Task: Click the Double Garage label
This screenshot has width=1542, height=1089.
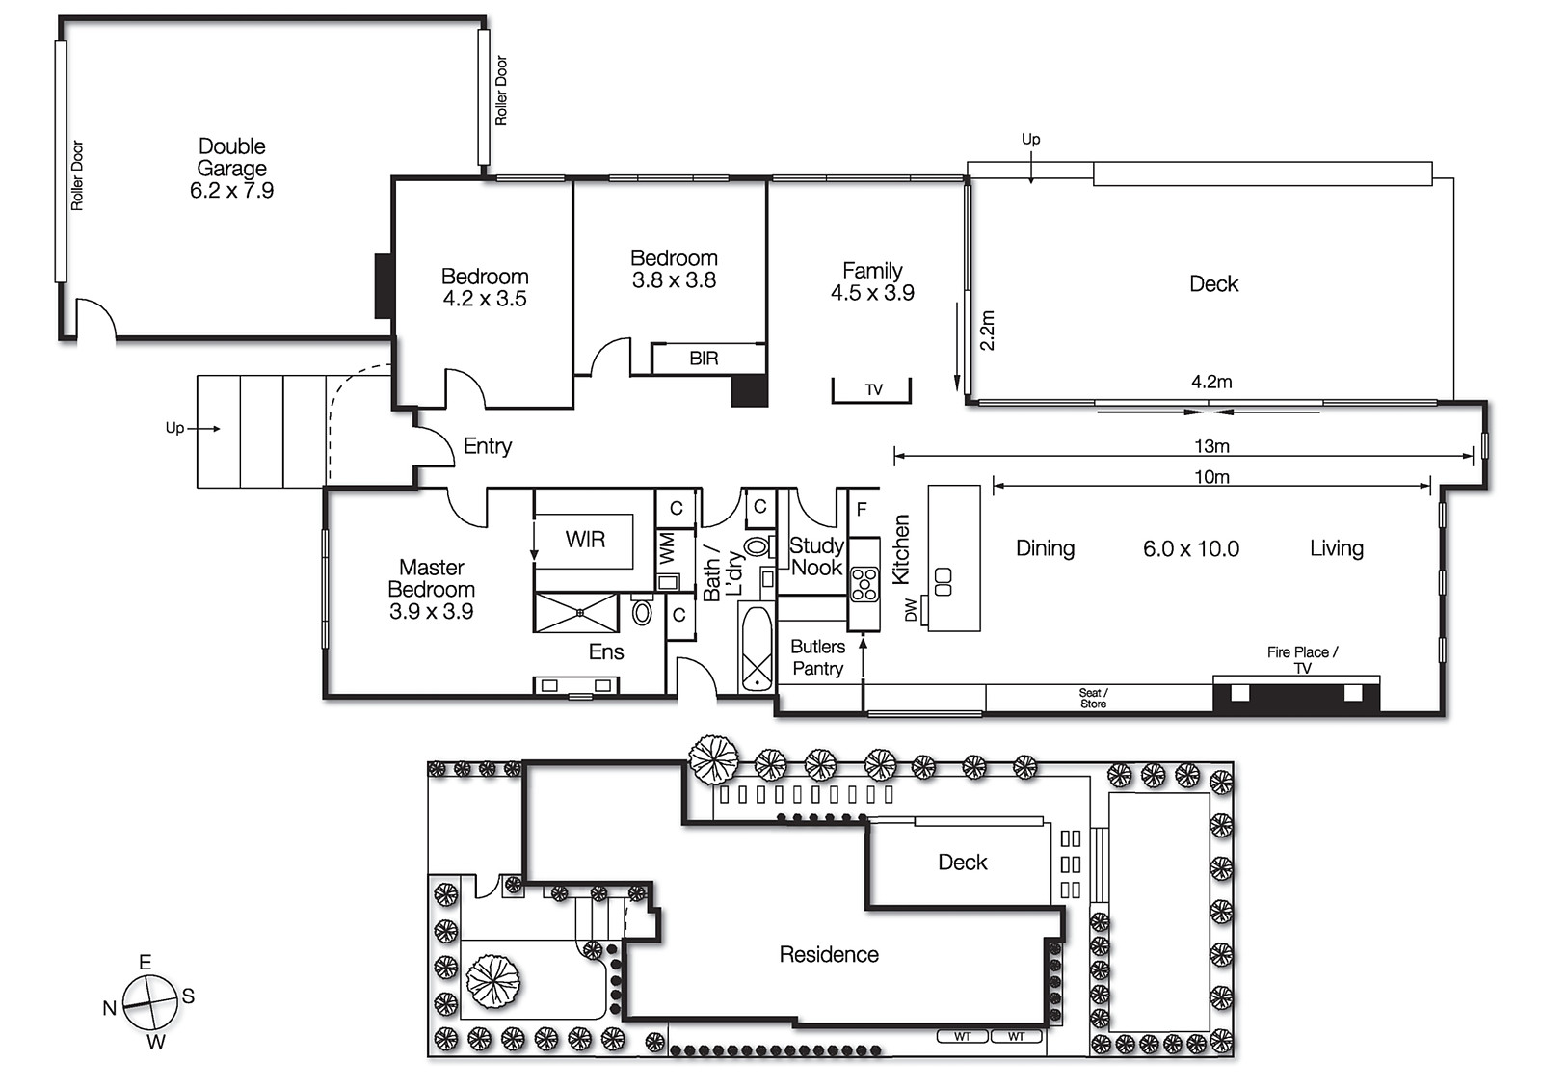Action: click(x=231, y=157)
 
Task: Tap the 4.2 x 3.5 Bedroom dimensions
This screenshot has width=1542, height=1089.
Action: click(x=485, y=299)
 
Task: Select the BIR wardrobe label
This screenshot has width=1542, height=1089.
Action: click(x=704, y=359)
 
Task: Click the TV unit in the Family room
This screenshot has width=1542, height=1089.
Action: click(x=872, y=390)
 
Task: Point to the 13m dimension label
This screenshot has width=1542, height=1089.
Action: click(x=1211, y=446)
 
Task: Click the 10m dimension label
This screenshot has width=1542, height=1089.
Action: click(x=1211, y=477)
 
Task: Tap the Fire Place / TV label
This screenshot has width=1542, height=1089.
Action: click(x=1302, y=659)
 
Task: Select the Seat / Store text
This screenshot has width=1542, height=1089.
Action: click(x=1093, y=698)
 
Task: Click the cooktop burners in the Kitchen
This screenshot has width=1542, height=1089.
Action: click(x=864, y=584)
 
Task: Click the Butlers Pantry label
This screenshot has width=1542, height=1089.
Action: click(x=817, y=657)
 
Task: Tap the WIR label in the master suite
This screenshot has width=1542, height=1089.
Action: click(x=585, y=540)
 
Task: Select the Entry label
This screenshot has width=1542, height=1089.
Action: click(x=488, y=446)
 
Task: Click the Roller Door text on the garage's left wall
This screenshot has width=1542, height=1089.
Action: click(x=77, y=175)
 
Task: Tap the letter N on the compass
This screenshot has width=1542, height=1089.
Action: click(x=109, y=1008)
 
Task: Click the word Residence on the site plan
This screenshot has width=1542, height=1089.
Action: click(x=829, y=954)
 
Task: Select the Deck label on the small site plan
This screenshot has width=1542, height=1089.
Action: click(x=962, y=863)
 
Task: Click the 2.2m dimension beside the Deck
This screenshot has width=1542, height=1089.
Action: click(x=986, y=330)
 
